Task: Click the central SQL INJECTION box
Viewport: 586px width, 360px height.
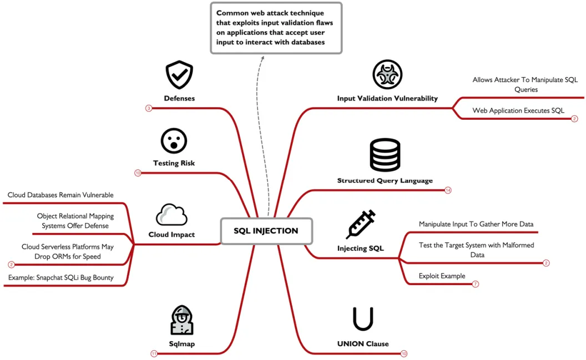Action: coord(266,231)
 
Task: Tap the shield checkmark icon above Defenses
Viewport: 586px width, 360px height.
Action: coord(179,75)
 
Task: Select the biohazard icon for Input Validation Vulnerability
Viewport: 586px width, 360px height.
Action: coord(387,74)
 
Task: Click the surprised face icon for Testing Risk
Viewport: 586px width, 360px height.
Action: coord(174,141)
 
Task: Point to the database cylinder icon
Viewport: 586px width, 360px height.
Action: coord(385,155)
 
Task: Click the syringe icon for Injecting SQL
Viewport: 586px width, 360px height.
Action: coord(360,224)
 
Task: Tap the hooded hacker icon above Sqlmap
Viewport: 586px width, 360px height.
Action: coord(182,320)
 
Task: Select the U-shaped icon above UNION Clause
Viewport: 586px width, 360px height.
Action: coord(363,319)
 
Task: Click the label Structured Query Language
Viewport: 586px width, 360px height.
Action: coord(385,181)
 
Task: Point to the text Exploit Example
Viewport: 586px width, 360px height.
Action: coord(442,276)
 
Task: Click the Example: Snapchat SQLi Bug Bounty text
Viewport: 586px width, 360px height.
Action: coord(61,277)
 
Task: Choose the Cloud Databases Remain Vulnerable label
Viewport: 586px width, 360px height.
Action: coord(60,195)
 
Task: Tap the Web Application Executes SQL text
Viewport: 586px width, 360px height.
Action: coord(518,110)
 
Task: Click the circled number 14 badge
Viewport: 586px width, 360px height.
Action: coord(448,190)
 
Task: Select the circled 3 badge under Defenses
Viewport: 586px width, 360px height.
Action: coord(149,108)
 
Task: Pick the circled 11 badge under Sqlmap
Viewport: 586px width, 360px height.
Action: coord(154,354)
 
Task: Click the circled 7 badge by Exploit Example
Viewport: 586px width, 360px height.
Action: coord(476,284)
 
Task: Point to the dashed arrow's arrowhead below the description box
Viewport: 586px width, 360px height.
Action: coord(262,58)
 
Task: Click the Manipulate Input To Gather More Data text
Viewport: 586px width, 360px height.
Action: coord(476,224)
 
